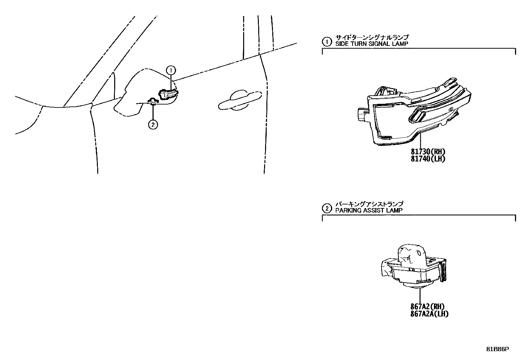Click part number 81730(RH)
(x=428, y=152)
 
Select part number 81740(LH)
(x=428, y=159)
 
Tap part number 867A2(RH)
(x=427, y=307)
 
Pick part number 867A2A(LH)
(x=429, y=314)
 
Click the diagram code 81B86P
(x=497, y=349)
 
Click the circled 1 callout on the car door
(x=171, y=70)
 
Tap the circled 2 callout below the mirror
(x=153, y=124)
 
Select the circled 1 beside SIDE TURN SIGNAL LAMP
(x=326, y=42)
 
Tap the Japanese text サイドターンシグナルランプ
(x=372, y=37)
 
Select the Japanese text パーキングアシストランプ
(x=369, y=204)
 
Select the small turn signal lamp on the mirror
(x=168, y=94)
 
